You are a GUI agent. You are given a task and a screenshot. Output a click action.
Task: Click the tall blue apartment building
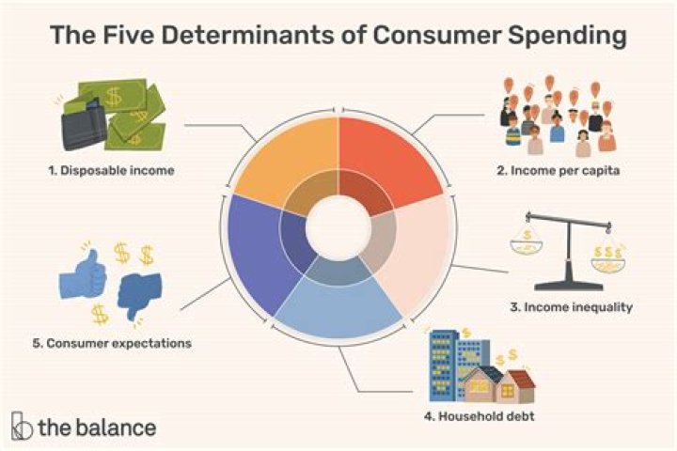coord(447,362)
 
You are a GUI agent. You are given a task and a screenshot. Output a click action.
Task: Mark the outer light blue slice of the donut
coord(338,311)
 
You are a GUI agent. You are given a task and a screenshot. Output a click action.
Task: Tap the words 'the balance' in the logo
coord(96,427)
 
